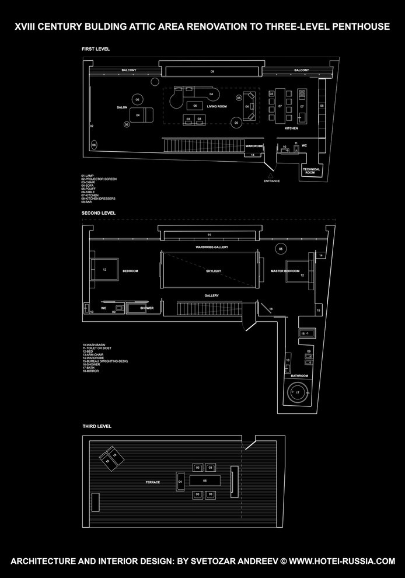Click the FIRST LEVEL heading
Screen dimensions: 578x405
click(95, 49)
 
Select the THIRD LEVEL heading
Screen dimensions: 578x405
click(96, 426)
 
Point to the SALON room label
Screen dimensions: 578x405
click(122, 107)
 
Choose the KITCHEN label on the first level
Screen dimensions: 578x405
click(291, 128)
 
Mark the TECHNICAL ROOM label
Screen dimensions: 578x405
click(312, 171)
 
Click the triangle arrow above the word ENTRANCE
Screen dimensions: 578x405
click(271, 174)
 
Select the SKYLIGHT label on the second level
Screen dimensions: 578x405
click(214, 271)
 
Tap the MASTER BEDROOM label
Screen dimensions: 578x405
click(285, 271)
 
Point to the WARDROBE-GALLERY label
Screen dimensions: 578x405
click(212, 247)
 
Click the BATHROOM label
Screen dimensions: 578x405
click(299, 376)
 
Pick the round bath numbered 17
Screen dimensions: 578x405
click(298, 392)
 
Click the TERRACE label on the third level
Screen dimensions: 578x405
click(153, 482)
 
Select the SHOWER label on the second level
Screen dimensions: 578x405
click(146, 308)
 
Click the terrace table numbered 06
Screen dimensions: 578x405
click(205, 481)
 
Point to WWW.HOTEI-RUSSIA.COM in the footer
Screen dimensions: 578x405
click(342, 561)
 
